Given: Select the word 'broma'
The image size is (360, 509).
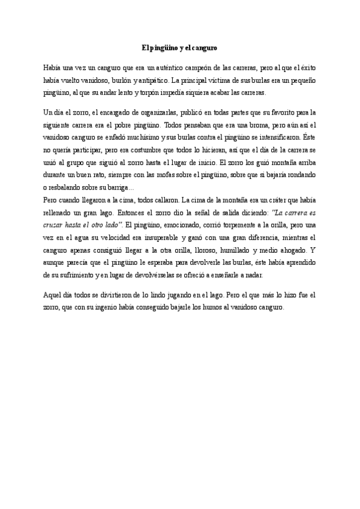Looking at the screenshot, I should point(239,125).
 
